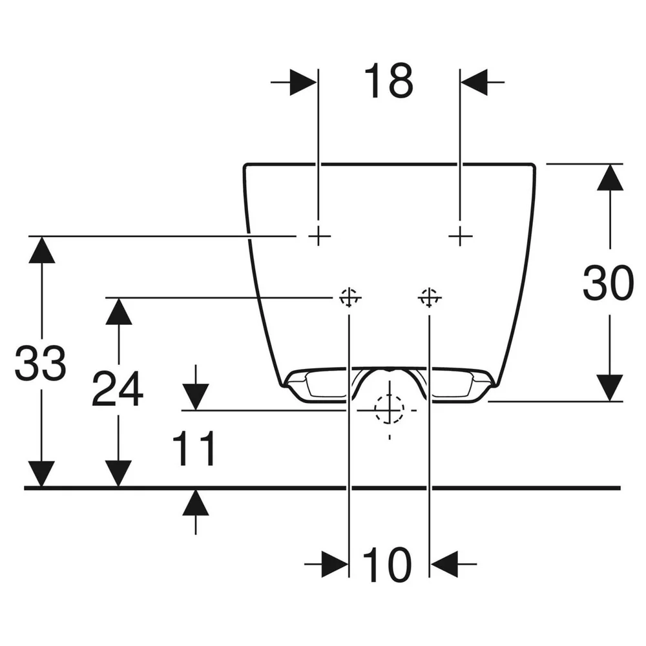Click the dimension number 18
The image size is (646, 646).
point(388,81)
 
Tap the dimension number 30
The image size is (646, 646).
point(608,283)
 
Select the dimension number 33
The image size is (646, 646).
point(40,363)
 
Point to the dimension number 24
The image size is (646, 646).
point(118,388)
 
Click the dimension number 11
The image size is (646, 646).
point(194,448)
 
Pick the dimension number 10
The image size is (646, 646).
point(387,565)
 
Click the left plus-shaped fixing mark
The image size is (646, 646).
point(318,236)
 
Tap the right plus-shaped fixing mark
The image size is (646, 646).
point(460,236)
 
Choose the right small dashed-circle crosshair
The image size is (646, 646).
point(430,297)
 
